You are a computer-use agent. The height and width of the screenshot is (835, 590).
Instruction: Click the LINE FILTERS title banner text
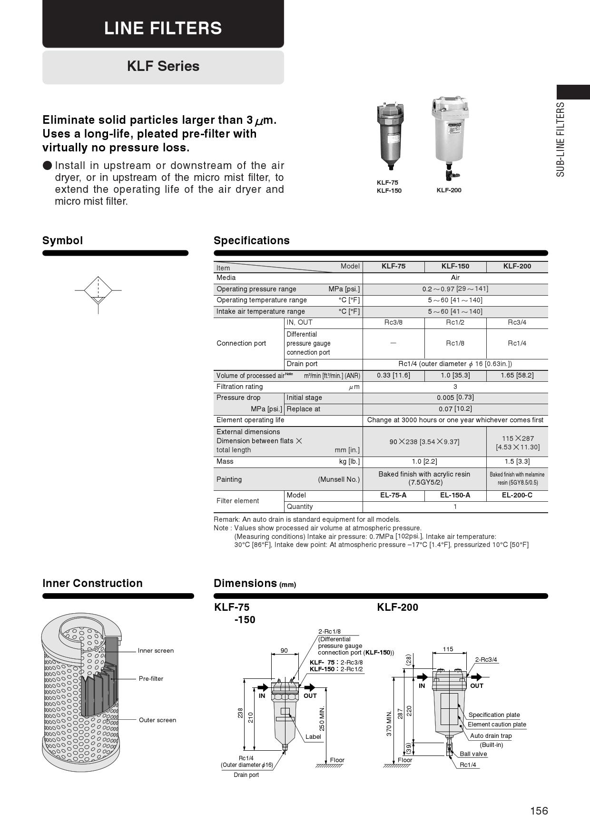(x=163, y=28)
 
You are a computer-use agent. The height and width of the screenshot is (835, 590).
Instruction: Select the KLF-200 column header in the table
(x=517, y=266)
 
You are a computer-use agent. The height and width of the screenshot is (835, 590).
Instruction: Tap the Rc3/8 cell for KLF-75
(x=393, y=322)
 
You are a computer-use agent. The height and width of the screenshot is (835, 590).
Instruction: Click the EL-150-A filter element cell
(x=455, y=495)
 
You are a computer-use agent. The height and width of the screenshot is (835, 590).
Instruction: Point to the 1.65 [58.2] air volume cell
(x=517, y=375)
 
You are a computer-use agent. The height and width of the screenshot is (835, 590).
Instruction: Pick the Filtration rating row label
(x=239, y=387)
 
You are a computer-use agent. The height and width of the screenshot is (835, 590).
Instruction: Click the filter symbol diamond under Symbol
(x=98, y=290)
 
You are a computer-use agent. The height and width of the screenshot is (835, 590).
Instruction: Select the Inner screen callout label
(x=156, y=651)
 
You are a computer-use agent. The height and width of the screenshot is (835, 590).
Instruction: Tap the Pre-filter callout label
(x=151, y=679)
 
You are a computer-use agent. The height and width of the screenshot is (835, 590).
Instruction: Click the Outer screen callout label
(x=157, y=720)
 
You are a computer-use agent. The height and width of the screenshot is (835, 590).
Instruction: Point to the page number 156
(x=539, y=811)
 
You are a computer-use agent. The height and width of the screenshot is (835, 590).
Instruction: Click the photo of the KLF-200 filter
(x=450, y=138)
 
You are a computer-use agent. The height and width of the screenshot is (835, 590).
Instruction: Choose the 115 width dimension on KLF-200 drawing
(x=448, y=649)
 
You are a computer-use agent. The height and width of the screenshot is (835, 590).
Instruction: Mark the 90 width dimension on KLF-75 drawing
(x=284, y=651)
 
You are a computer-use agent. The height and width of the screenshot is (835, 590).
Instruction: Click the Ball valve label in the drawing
(x=473, y=754)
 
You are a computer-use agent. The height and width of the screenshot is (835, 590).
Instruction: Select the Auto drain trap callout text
(x=491, y=736)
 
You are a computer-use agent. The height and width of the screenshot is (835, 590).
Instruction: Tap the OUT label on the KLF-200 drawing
(x=476, y=686)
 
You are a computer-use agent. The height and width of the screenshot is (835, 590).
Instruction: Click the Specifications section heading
(x=251, y=240)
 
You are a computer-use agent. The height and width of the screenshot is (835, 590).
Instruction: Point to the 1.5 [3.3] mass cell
(x=517, y=461)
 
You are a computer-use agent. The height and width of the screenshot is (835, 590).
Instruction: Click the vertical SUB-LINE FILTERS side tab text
(x=561, y=139)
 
